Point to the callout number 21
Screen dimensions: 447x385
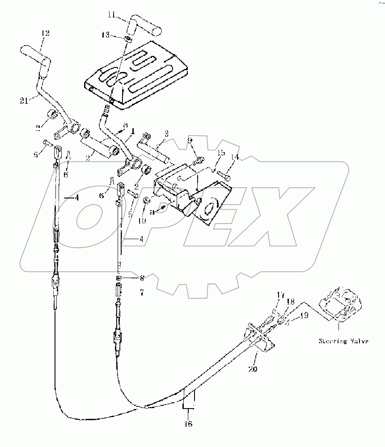[x=26, y=101]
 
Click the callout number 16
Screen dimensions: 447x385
[x=189, y=424]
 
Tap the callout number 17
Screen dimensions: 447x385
[x=280, y=295]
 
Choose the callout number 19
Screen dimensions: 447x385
[x=305, y=315]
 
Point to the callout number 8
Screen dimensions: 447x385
[x=142, y=278]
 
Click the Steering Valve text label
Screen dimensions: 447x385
[x=343, y=342]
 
